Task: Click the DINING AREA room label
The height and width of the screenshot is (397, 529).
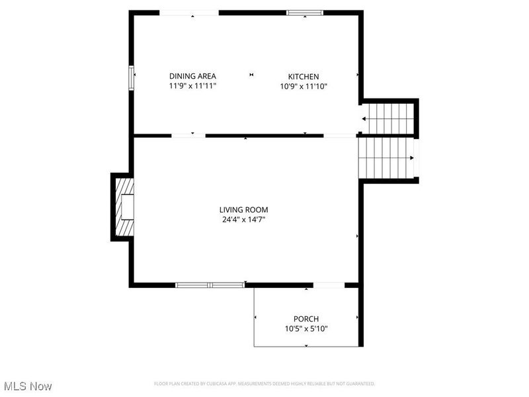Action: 192,76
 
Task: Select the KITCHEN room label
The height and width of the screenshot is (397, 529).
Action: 303,76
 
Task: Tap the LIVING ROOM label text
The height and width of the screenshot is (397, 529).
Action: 243,210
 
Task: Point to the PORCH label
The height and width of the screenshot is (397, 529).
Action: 306,318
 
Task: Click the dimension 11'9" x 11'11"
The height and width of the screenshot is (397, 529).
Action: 192,86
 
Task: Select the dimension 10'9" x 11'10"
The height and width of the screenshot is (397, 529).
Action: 303,86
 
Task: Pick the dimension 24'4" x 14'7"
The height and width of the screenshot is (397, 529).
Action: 243,220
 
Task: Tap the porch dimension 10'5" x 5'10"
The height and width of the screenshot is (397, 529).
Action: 306,328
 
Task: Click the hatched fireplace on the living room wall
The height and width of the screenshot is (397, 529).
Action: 124,207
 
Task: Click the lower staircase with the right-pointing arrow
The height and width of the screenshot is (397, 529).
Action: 386,157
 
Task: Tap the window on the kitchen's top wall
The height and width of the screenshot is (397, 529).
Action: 305,12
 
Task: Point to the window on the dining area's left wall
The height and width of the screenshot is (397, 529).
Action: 131,76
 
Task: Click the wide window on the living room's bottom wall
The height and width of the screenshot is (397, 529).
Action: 210,285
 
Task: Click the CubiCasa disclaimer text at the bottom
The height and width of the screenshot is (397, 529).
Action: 264,384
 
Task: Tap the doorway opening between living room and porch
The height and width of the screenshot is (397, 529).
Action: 328,285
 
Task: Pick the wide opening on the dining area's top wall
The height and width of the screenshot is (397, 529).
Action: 189,12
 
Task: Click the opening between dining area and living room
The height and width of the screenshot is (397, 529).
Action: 188,136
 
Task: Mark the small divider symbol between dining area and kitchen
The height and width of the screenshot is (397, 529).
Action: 251,75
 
